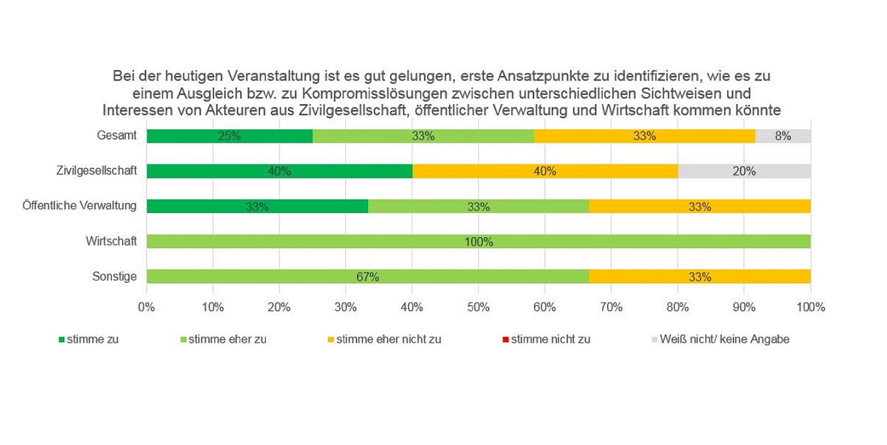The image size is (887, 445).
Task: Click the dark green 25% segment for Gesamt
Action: (230, 136)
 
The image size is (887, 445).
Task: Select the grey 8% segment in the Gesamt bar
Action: (783, 136)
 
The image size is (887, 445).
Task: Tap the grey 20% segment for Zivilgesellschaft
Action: (744, 171)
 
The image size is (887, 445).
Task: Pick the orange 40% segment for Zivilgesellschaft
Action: (545, 171)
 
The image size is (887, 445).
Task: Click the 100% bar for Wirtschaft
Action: (478, 242)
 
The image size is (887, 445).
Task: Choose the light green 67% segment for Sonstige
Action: (367, 277)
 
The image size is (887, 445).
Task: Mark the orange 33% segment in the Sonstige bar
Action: (700, 277)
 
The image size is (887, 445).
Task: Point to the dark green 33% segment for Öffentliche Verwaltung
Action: (257, 207)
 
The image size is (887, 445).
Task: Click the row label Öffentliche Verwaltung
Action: (79, 206)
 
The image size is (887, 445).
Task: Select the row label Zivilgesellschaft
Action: (96, 171)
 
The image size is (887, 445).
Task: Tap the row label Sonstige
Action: (114, 277)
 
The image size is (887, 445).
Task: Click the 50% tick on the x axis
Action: (478, 307)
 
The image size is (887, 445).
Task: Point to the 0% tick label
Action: (147, 307)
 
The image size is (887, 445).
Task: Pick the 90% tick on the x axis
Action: (744, 307)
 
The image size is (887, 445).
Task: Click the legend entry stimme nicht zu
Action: (550, 339)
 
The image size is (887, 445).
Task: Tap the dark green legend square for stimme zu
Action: (62, 339)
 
